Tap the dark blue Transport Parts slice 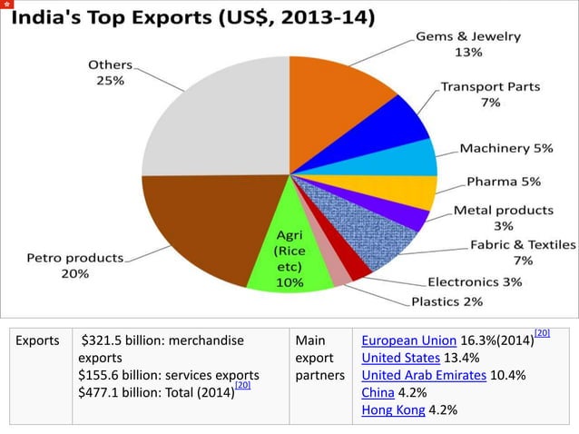395,123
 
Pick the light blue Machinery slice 413,157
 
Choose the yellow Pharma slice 413,192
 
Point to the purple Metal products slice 408,218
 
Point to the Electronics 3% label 475,281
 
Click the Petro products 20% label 74,265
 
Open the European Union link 407,341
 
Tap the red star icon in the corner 6,6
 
